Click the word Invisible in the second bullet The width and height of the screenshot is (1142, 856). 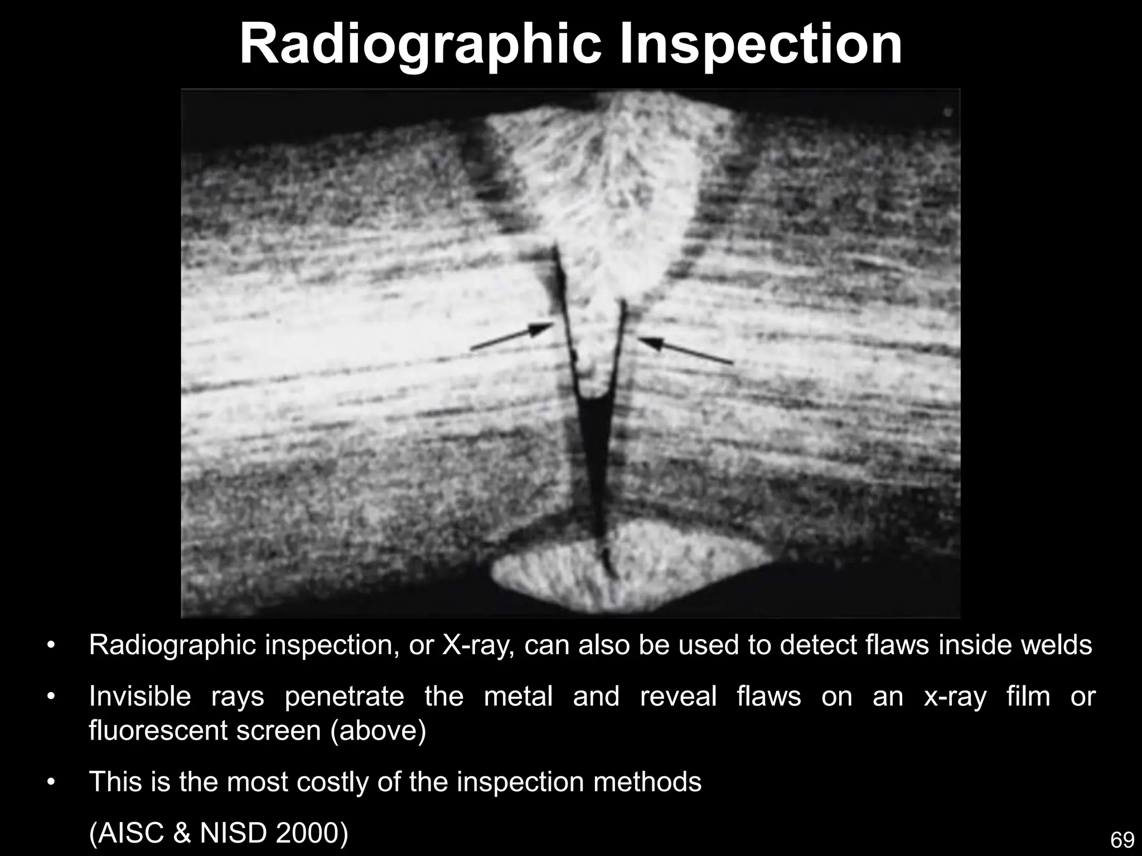140,697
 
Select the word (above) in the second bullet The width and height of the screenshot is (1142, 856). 379,731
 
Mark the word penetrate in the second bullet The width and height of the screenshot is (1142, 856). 344,697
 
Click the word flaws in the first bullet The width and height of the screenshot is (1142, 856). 897,645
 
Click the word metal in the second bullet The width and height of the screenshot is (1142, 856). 518,697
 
